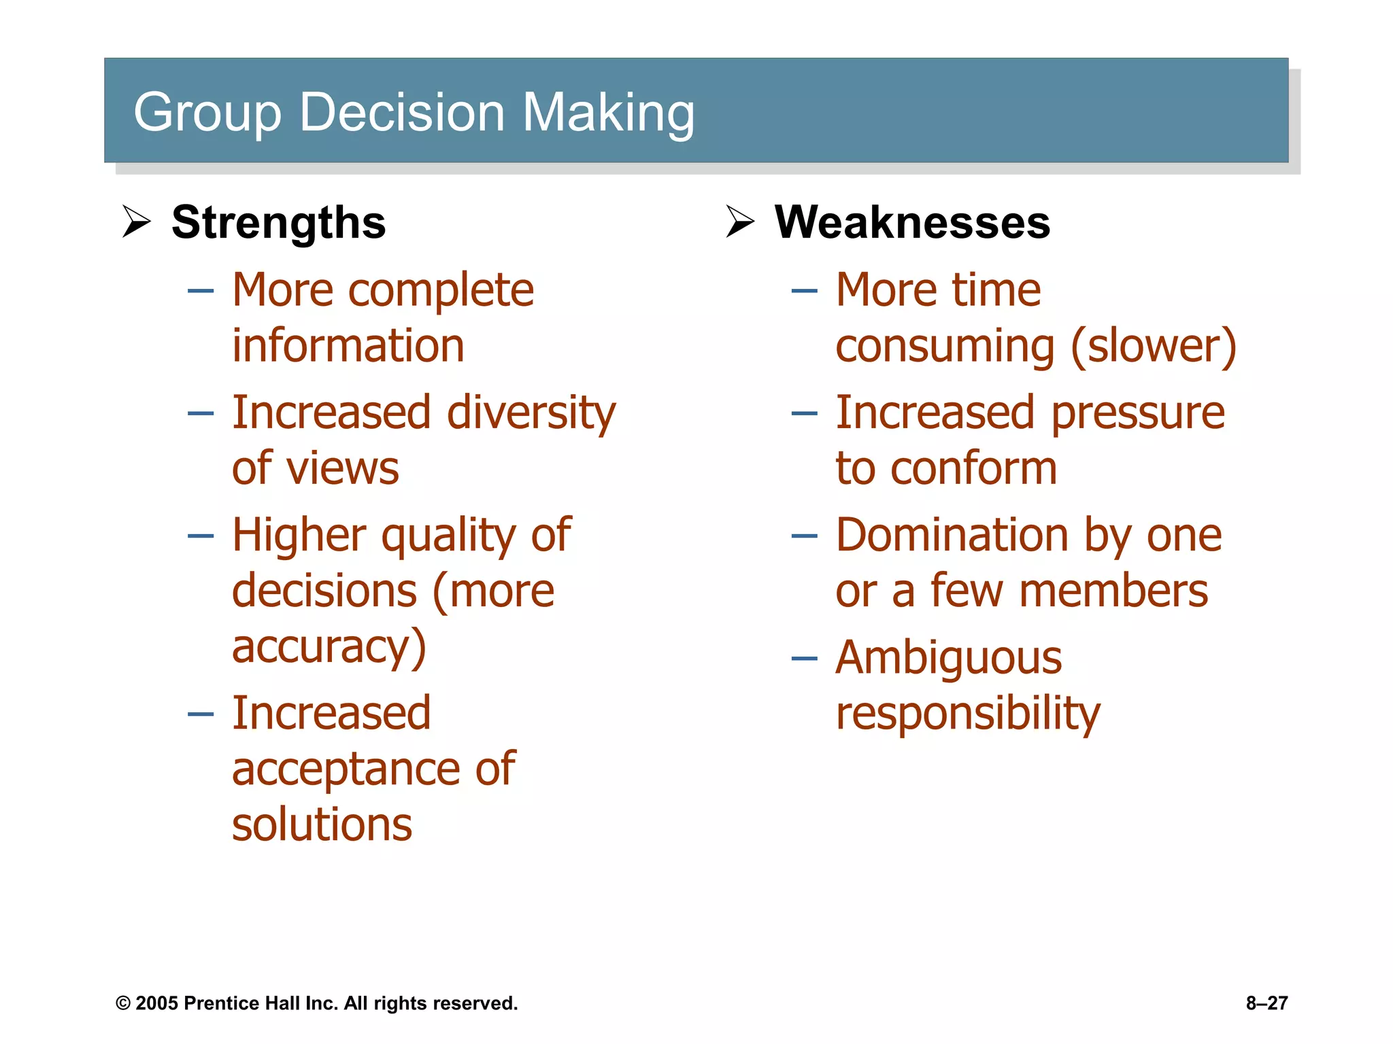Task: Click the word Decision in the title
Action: [401, 112]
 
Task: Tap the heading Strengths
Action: [278, 223]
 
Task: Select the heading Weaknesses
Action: [912, 223]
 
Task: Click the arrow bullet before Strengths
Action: [136, 222]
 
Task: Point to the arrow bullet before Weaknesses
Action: [740, 222]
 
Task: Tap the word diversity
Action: [531, 413]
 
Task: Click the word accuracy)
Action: [329, 647]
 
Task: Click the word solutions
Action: [322, 825]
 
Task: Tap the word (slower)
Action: [1154, 347]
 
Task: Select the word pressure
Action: [1138, 413]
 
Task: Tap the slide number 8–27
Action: [1266, 1003]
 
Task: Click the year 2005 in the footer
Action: [156, 1003]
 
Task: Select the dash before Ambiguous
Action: [804, 658]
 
